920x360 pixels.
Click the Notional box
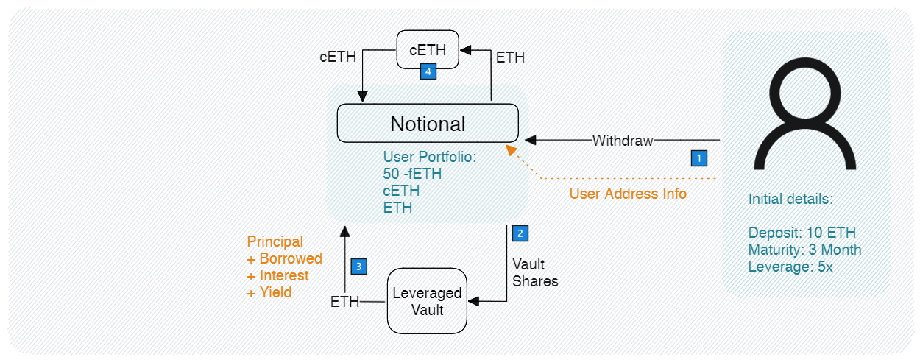point(428,123)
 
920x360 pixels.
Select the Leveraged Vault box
point(428,301)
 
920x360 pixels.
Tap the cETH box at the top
point(428,50)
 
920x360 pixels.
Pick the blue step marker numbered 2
point(520,233)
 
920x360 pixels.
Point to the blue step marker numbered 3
point(358,266)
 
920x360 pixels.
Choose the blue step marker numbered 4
point(428,71)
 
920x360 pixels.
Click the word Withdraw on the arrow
point(623,140)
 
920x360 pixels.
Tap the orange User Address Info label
point(628,194)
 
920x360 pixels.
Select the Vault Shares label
point(535,272)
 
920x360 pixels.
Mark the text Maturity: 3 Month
point(804,250)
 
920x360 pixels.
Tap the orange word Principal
point(275,241)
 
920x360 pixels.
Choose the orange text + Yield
point(269,292)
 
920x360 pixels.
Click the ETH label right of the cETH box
point(511,57)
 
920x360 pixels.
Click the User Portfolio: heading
point(429,157)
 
